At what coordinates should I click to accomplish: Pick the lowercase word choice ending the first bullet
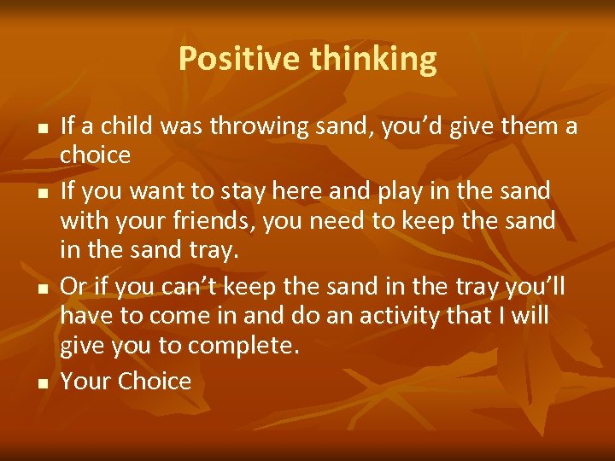click(x=95, y=155)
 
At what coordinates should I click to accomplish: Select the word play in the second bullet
click(x=393, y=190)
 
